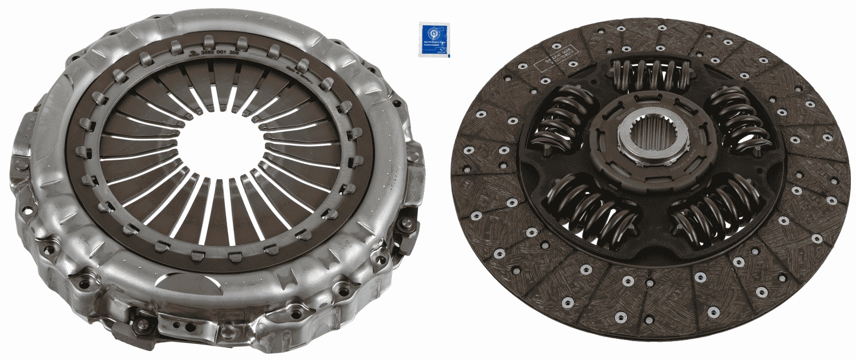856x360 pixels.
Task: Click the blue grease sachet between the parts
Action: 434,40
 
